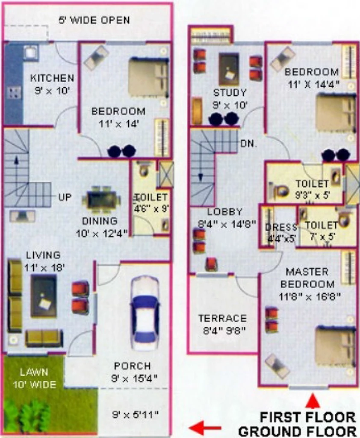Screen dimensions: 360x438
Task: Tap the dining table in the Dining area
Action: (102, 200)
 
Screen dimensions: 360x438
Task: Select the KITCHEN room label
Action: (52, 78)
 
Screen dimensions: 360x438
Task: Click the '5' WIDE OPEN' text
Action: (94, 20)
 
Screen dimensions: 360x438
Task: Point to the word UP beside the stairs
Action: (65, 197)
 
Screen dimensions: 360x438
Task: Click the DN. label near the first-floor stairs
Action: (248, 144)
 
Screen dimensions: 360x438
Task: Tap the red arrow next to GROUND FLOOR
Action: (205, 428)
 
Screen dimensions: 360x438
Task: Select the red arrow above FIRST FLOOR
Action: (312, 400)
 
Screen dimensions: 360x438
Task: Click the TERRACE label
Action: (223, 318)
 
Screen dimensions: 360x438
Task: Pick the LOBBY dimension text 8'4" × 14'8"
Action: (227, 224)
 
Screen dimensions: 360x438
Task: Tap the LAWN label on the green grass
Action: (34, 372)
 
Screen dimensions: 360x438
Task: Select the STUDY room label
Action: (230, 92)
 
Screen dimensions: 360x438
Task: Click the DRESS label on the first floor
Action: (281, 227)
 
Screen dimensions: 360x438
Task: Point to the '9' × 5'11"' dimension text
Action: (136, 414)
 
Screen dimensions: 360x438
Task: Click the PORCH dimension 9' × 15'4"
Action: (134, 379)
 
